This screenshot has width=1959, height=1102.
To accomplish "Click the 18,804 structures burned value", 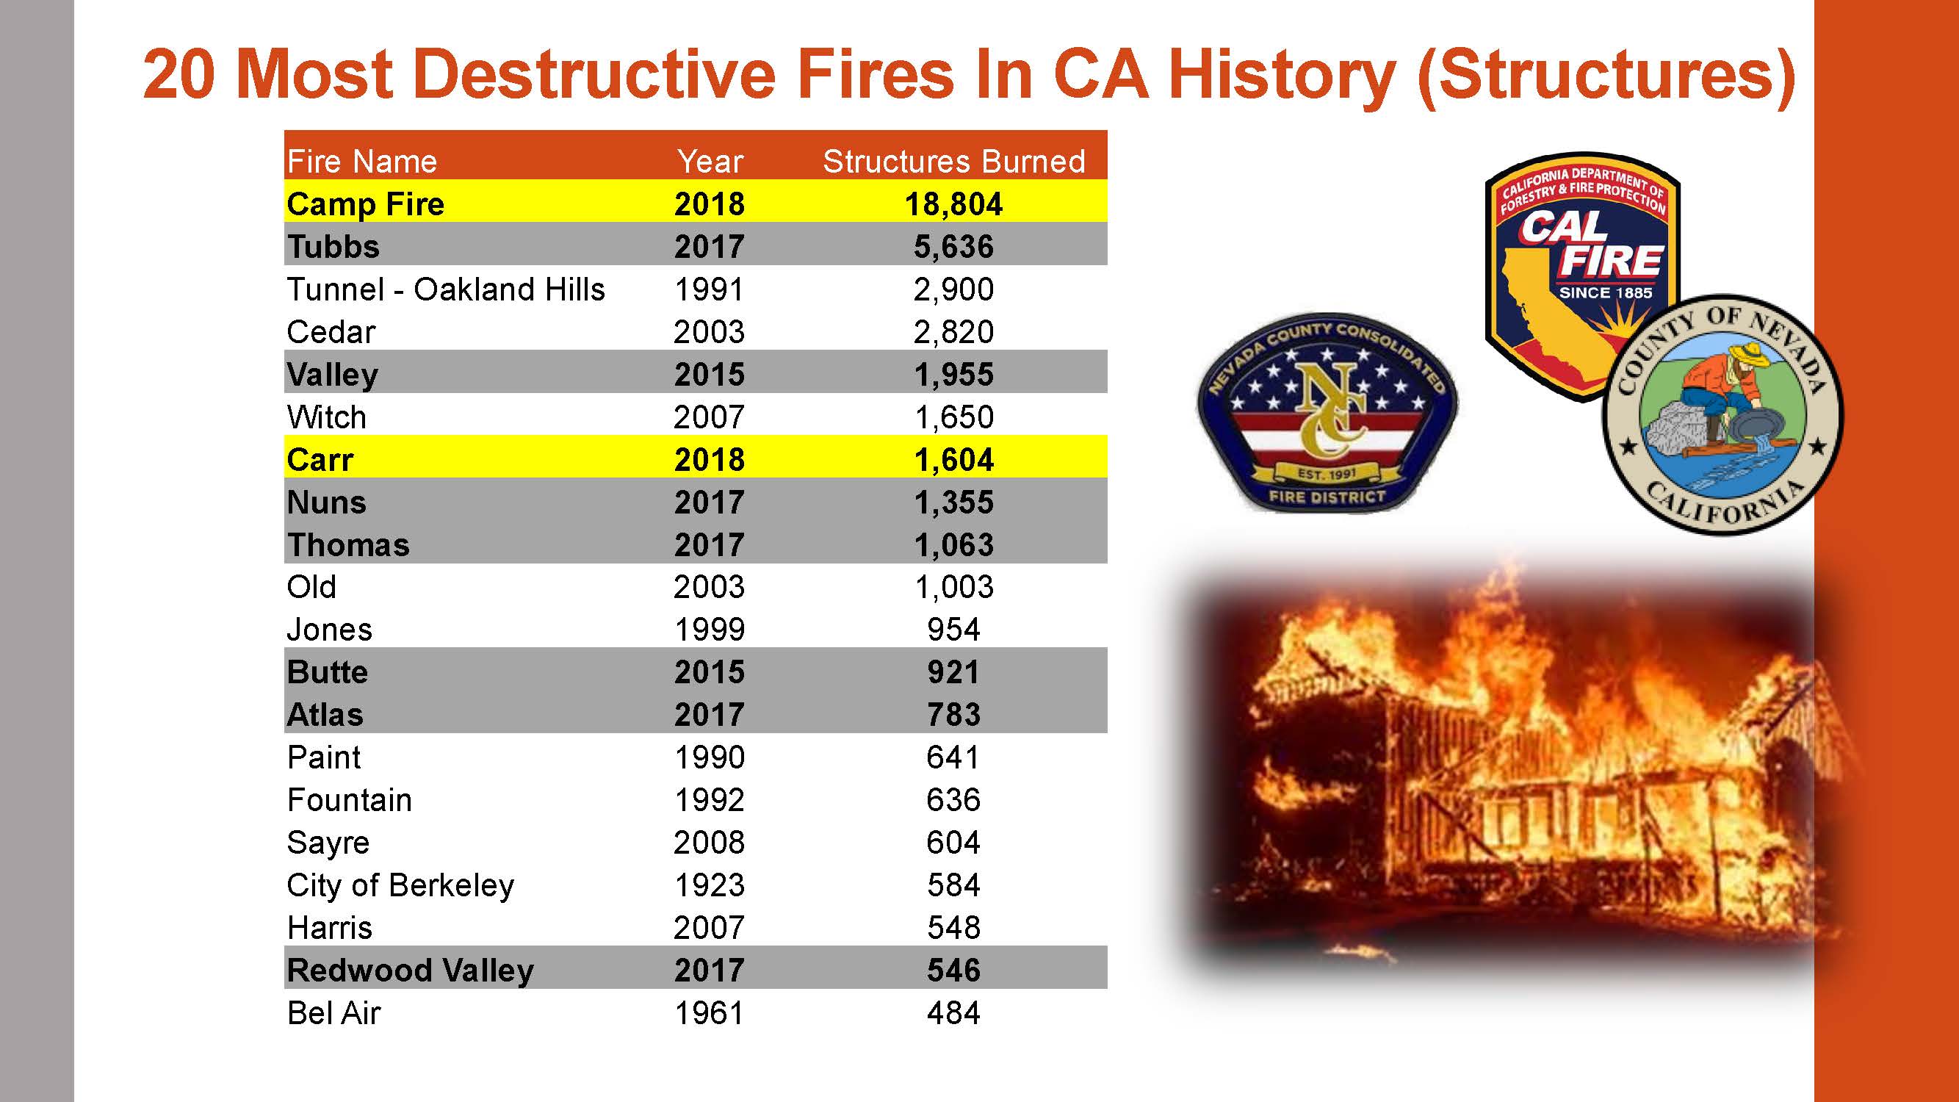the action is pyautogui.click(x=953, y=204).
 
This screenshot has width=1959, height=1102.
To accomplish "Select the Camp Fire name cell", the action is pyautogui.click(x=365, y=204).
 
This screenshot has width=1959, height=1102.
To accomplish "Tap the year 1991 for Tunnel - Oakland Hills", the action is pyautogui.click(x=709, y=289).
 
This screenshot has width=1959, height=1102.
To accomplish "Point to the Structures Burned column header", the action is pyautogui.click(x=953, y=161).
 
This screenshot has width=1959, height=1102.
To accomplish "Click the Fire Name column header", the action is pyautogui.click(x=362, y=161).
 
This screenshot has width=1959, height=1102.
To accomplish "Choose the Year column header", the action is pyautogui.click(x=710, y=161).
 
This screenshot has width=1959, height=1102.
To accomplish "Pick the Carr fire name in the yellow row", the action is pyautogui.click(x=320, y=459).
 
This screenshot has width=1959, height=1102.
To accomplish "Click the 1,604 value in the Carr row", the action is pyautogui.click(x=953, y=459).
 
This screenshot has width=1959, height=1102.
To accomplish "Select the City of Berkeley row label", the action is pyautogui.click(x=400, y=885).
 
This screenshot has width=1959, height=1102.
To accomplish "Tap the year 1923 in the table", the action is pyautogui.click(x=709, y=885).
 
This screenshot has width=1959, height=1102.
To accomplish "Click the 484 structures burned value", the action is pyautogui.click(x=953, y=1013).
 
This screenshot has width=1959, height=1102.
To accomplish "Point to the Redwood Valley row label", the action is pyautogui.click(x=410, y=970).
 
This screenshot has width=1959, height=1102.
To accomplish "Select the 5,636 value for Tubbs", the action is pyautogui.click(x=953, y=246).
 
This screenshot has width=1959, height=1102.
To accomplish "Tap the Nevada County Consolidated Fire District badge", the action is pyautogui.click(x=1327, y=411).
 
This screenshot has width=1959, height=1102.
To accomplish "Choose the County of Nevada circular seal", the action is pyautogui.click(x=1722, y=414).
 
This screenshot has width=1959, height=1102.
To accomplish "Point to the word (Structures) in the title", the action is pyautogui.click(x=1606, y=74).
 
